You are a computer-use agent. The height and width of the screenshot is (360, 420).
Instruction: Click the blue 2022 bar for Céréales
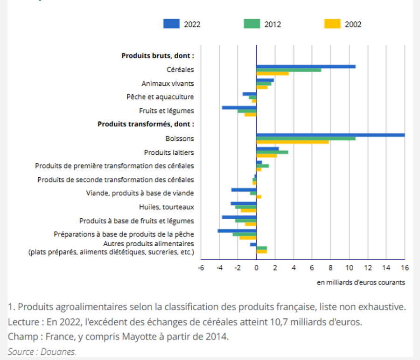coord(306,67)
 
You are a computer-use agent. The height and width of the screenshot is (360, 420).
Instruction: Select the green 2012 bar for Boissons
coord(306,138)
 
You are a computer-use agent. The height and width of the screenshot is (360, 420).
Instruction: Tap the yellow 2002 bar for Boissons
coord(292,142)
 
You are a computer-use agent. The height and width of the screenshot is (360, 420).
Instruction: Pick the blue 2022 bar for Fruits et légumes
coord(239,108)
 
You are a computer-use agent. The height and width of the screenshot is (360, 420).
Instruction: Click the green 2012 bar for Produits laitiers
coord(272,152)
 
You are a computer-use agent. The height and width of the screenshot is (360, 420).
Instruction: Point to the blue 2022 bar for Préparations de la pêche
coord(237,231)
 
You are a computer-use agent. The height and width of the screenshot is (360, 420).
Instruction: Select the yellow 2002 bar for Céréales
coord(272,74)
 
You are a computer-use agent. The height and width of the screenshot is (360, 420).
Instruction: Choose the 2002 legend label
coord(353,24)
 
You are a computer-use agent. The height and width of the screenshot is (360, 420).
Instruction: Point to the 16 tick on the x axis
coord(404,268)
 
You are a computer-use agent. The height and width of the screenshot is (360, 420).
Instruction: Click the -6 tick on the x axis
coord(201,268)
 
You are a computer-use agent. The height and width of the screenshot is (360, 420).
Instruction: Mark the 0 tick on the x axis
coord(256,268)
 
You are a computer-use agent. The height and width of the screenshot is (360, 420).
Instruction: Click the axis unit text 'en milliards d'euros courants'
coord(361,282)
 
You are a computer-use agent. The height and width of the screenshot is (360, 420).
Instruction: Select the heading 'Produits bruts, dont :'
coord(158,55)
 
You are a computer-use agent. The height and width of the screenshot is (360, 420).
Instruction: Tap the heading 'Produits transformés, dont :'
coord(146,124)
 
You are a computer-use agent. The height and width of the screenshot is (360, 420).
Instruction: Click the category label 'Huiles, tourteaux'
coord(167,207)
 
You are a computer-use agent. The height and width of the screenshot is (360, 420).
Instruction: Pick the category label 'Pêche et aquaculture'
coord(160,97)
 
